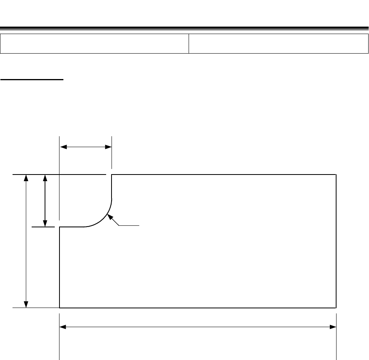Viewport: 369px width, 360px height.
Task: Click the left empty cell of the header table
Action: [94, 43]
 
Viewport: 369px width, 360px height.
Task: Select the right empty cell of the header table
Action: [279, 43]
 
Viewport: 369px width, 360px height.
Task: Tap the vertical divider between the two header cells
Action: [189, 43]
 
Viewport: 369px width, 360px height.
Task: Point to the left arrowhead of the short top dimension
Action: [63, 147]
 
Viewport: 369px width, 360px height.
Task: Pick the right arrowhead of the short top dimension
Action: [108, 147]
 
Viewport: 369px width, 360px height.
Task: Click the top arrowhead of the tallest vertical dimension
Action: [26, 178]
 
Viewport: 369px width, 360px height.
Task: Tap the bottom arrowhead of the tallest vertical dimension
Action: [26, 304]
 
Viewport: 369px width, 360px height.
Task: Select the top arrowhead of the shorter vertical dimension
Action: [45, 178]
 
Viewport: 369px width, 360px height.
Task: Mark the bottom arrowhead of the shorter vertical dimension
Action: [45, 223]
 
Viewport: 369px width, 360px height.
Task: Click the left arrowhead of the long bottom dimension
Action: [63, 327]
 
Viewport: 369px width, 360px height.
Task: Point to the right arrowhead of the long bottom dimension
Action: [333, 327]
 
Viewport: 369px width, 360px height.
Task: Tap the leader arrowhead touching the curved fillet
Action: [110, 217]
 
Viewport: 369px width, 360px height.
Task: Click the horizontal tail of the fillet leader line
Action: [130, 225]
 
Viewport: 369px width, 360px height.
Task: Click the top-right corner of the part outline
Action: [336, 175]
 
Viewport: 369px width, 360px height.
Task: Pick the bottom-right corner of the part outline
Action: [336, 308]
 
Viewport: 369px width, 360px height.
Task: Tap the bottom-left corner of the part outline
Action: [59, 308]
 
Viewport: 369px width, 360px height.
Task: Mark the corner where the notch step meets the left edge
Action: [59, 227]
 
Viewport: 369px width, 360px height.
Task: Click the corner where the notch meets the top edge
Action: [112, 175]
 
